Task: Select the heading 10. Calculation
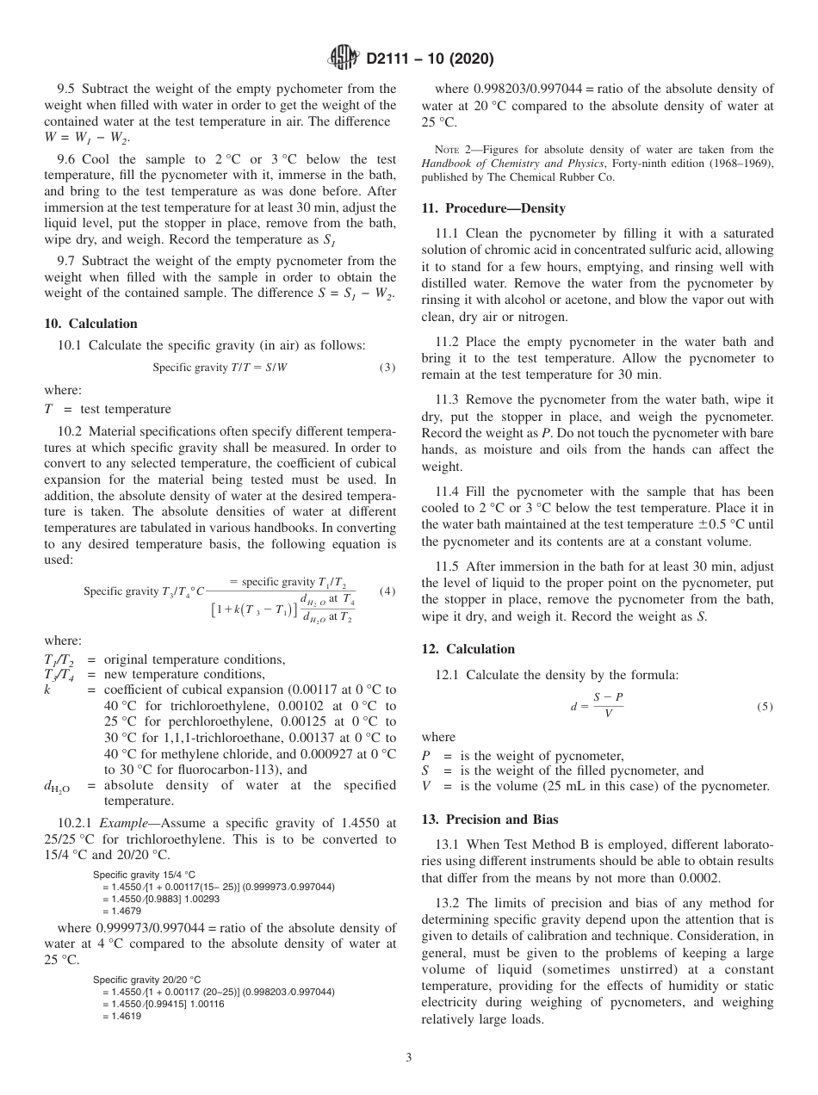click(x=90, y=324)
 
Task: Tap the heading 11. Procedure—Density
click(x=493, y=208)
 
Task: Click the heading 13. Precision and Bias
click(x=490, y=820)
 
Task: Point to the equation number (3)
click(x=387, y=368)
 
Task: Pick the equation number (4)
click(x=387, y=591)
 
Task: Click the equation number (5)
click(x=765, y=707)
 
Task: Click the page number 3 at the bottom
click(x=409, y=1058)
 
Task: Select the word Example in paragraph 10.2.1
click(x=122, y=822)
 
